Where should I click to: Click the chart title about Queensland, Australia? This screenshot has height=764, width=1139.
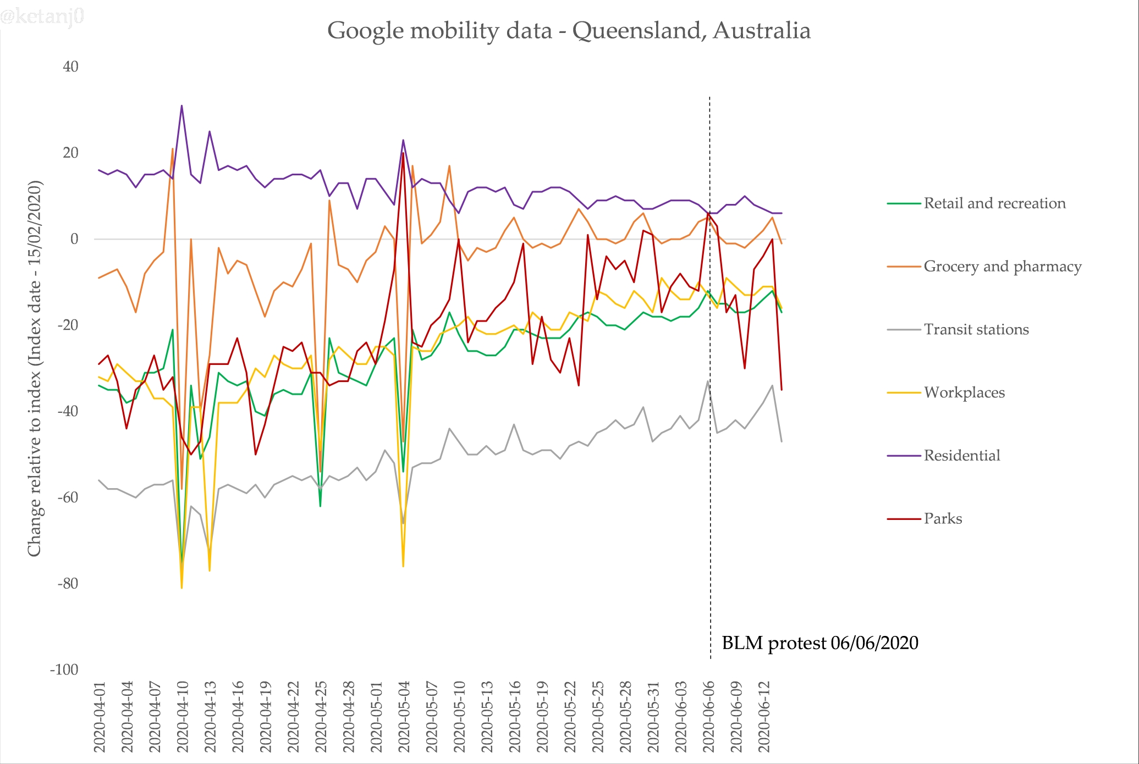tap(569, 31)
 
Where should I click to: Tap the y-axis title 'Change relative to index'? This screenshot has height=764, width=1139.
tap(35, 368)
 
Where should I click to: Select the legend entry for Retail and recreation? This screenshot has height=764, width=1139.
tap(994, 203)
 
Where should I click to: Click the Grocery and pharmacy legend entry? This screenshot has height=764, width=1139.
tap(1002, 267)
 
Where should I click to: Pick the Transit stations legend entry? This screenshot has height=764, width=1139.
tap(976, 330)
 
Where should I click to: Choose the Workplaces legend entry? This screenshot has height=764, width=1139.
tap(964, 392)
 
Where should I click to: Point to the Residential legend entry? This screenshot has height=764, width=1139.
tap(961, 456)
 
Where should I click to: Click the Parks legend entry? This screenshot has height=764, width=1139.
tap(943, 519)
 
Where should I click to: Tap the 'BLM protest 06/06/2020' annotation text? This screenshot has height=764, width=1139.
tap(819, 643)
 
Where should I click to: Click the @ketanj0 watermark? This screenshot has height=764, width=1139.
tap(42, 16)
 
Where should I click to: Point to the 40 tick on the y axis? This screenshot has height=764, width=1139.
tap(70, 67)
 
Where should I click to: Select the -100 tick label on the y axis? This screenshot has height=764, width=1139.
tap(64, 670)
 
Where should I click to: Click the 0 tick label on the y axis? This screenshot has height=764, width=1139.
tap(74, 239)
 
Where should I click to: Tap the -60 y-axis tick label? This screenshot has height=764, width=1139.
tap(68, 497)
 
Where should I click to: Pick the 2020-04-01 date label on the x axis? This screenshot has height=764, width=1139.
tap(100, 717)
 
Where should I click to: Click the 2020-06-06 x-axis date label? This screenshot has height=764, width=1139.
tap(709, 717)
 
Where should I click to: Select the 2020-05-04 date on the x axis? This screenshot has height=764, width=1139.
tap(404, 717)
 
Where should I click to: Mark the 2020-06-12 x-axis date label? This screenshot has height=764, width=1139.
tap(764, 717)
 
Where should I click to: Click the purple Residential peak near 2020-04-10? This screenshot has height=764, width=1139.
tap(181, 106)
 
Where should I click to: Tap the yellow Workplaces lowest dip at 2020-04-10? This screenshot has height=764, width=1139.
tap(182, 588)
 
